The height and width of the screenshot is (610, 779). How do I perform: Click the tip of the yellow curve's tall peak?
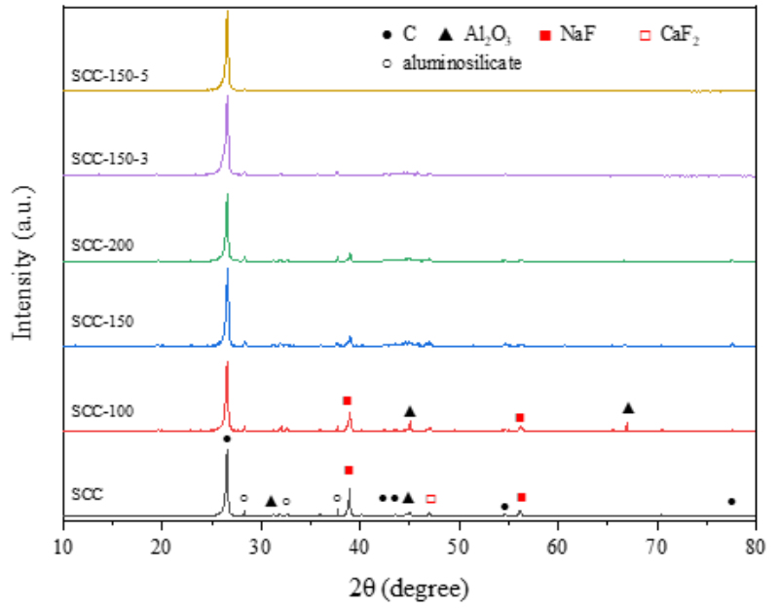click(228, 11)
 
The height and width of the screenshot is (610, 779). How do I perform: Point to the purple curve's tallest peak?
click(227, 96)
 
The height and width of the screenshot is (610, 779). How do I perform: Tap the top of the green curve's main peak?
click(228, 193)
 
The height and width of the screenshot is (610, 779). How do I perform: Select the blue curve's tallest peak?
click(228, 268)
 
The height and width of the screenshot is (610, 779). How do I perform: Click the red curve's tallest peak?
click(227, 362)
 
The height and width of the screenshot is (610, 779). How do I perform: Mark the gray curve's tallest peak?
click(228, 450)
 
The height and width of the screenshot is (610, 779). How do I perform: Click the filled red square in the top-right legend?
click(546, 36)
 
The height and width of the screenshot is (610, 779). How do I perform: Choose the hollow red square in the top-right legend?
click(646, 36)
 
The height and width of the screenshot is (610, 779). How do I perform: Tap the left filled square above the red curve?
click(349, 400)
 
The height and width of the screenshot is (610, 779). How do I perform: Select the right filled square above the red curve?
click(521, 417)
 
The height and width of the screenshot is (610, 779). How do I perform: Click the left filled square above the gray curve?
click(350, 471)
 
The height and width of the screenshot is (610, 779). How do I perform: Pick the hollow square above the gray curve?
click(432, 499)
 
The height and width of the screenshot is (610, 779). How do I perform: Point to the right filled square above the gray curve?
click(523, 497)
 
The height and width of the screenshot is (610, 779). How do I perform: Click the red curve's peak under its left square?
click(350, 412)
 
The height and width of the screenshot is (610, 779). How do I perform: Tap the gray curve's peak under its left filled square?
click(350, 488)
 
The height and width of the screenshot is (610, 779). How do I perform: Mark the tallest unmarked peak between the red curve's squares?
click(410, 420)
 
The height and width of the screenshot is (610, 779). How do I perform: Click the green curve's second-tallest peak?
click(350, 253)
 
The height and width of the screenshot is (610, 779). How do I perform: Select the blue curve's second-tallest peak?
click(350, 336)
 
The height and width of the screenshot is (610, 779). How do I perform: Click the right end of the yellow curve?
click(754, 91)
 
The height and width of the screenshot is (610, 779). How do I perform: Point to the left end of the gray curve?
click(64, 515)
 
